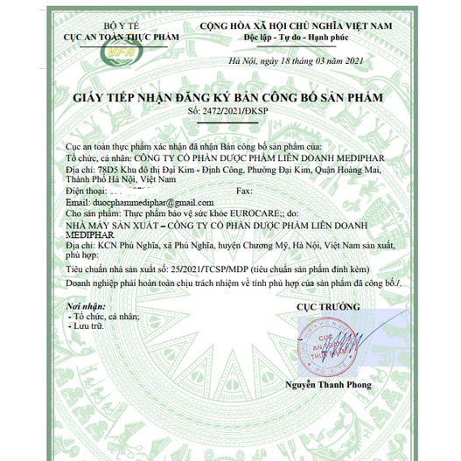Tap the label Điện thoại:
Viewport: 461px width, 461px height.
(x=87, y=189)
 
